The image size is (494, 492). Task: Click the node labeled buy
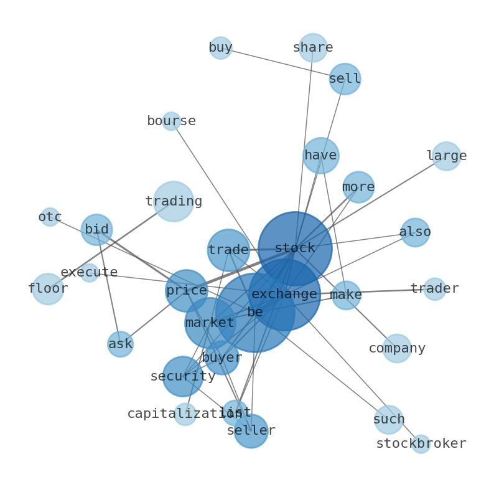(x=220, y=48)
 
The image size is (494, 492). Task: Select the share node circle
(x=313, y=48)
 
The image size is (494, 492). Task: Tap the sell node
(x=345, y=79)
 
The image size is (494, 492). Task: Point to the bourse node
(x=171, y=121)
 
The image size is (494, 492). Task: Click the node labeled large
(x=446, y=156)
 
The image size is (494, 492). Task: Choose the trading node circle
(x=174, y=202)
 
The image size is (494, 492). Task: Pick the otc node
(x=50, y=217)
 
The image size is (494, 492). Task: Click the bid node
(x=96, y=230)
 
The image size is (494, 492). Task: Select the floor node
(x=48, y=289)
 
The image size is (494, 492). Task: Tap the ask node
(x=120, y=344)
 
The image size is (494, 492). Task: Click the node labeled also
(x=415, y=232)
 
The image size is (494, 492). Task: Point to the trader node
(x=434, y=289)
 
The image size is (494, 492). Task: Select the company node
(x=397, y=349)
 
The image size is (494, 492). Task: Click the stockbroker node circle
(x=421, y=444)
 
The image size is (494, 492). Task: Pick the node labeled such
(x=389, y=420)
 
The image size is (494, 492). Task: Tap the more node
(x=358, y=187)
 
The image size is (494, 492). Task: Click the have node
(x=321, y=156)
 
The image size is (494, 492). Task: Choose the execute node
(x=90, y=273)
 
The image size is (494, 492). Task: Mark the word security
(x=183, y=377)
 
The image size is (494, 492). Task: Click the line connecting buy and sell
(x=280, y=63)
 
